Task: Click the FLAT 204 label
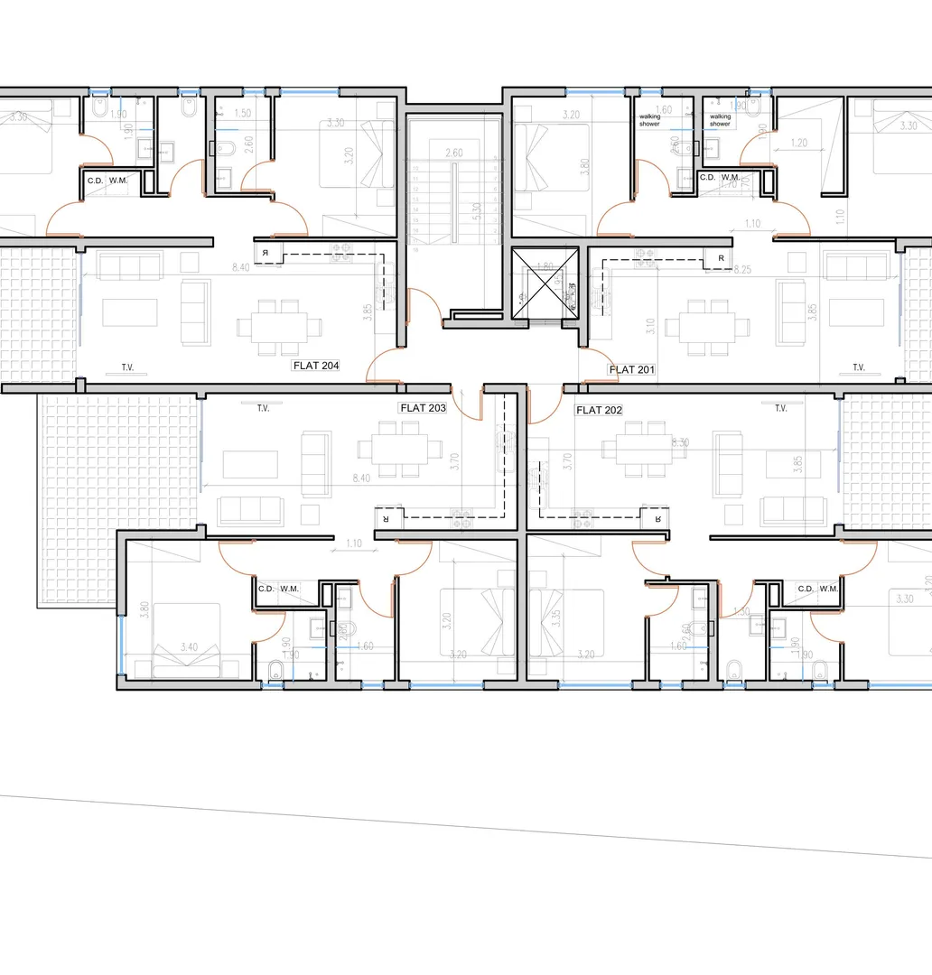point(315,366)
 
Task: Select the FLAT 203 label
point(423,408)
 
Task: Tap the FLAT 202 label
point(599,410)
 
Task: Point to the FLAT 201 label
point(632,369)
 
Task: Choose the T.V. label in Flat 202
point(781,408)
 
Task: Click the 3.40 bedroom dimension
point(190,646)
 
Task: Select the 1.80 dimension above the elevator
point(544,267)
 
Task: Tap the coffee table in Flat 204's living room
point(129,311)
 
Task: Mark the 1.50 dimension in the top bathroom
point(242,114)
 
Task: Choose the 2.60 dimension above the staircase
point(453,153)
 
